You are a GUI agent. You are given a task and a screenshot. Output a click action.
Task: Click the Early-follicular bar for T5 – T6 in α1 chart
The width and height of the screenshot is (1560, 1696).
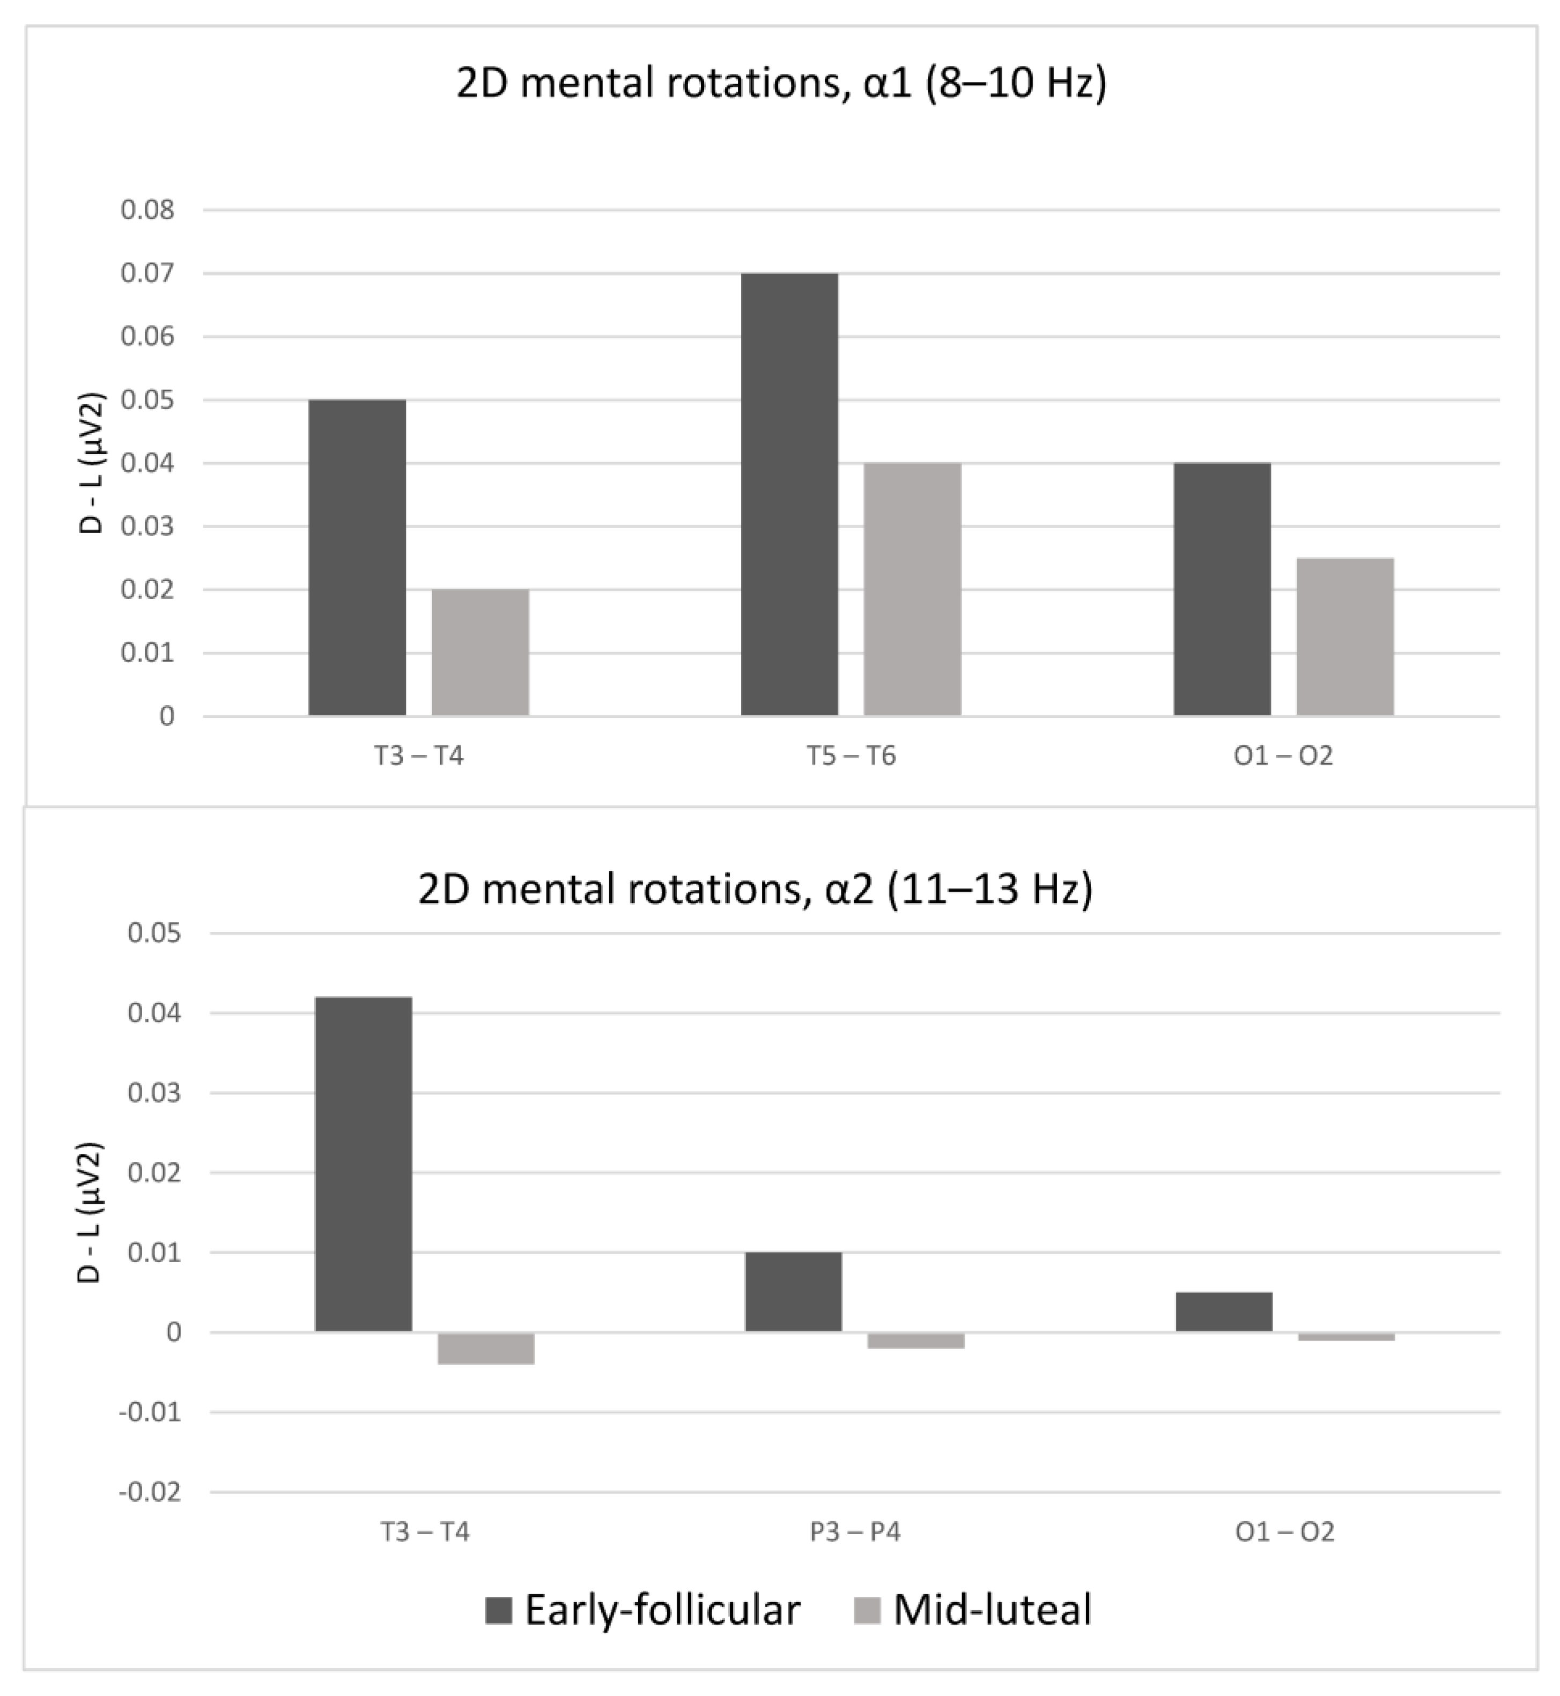789,495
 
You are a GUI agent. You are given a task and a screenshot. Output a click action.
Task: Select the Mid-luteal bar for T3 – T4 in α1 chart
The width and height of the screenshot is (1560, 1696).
480,653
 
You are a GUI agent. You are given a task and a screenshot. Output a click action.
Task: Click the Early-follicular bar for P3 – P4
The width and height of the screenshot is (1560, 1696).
793,1292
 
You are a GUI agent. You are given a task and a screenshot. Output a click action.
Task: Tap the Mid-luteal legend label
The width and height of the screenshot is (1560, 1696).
993,1610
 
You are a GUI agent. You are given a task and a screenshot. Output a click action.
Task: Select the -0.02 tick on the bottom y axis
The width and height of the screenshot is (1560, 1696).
150,1493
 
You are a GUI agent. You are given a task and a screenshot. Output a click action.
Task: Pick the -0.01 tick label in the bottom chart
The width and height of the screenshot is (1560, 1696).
150,1412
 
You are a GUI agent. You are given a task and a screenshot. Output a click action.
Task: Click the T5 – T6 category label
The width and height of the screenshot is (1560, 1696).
850,756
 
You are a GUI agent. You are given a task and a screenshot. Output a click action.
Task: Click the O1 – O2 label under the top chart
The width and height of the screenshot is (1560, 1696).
1283,756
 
